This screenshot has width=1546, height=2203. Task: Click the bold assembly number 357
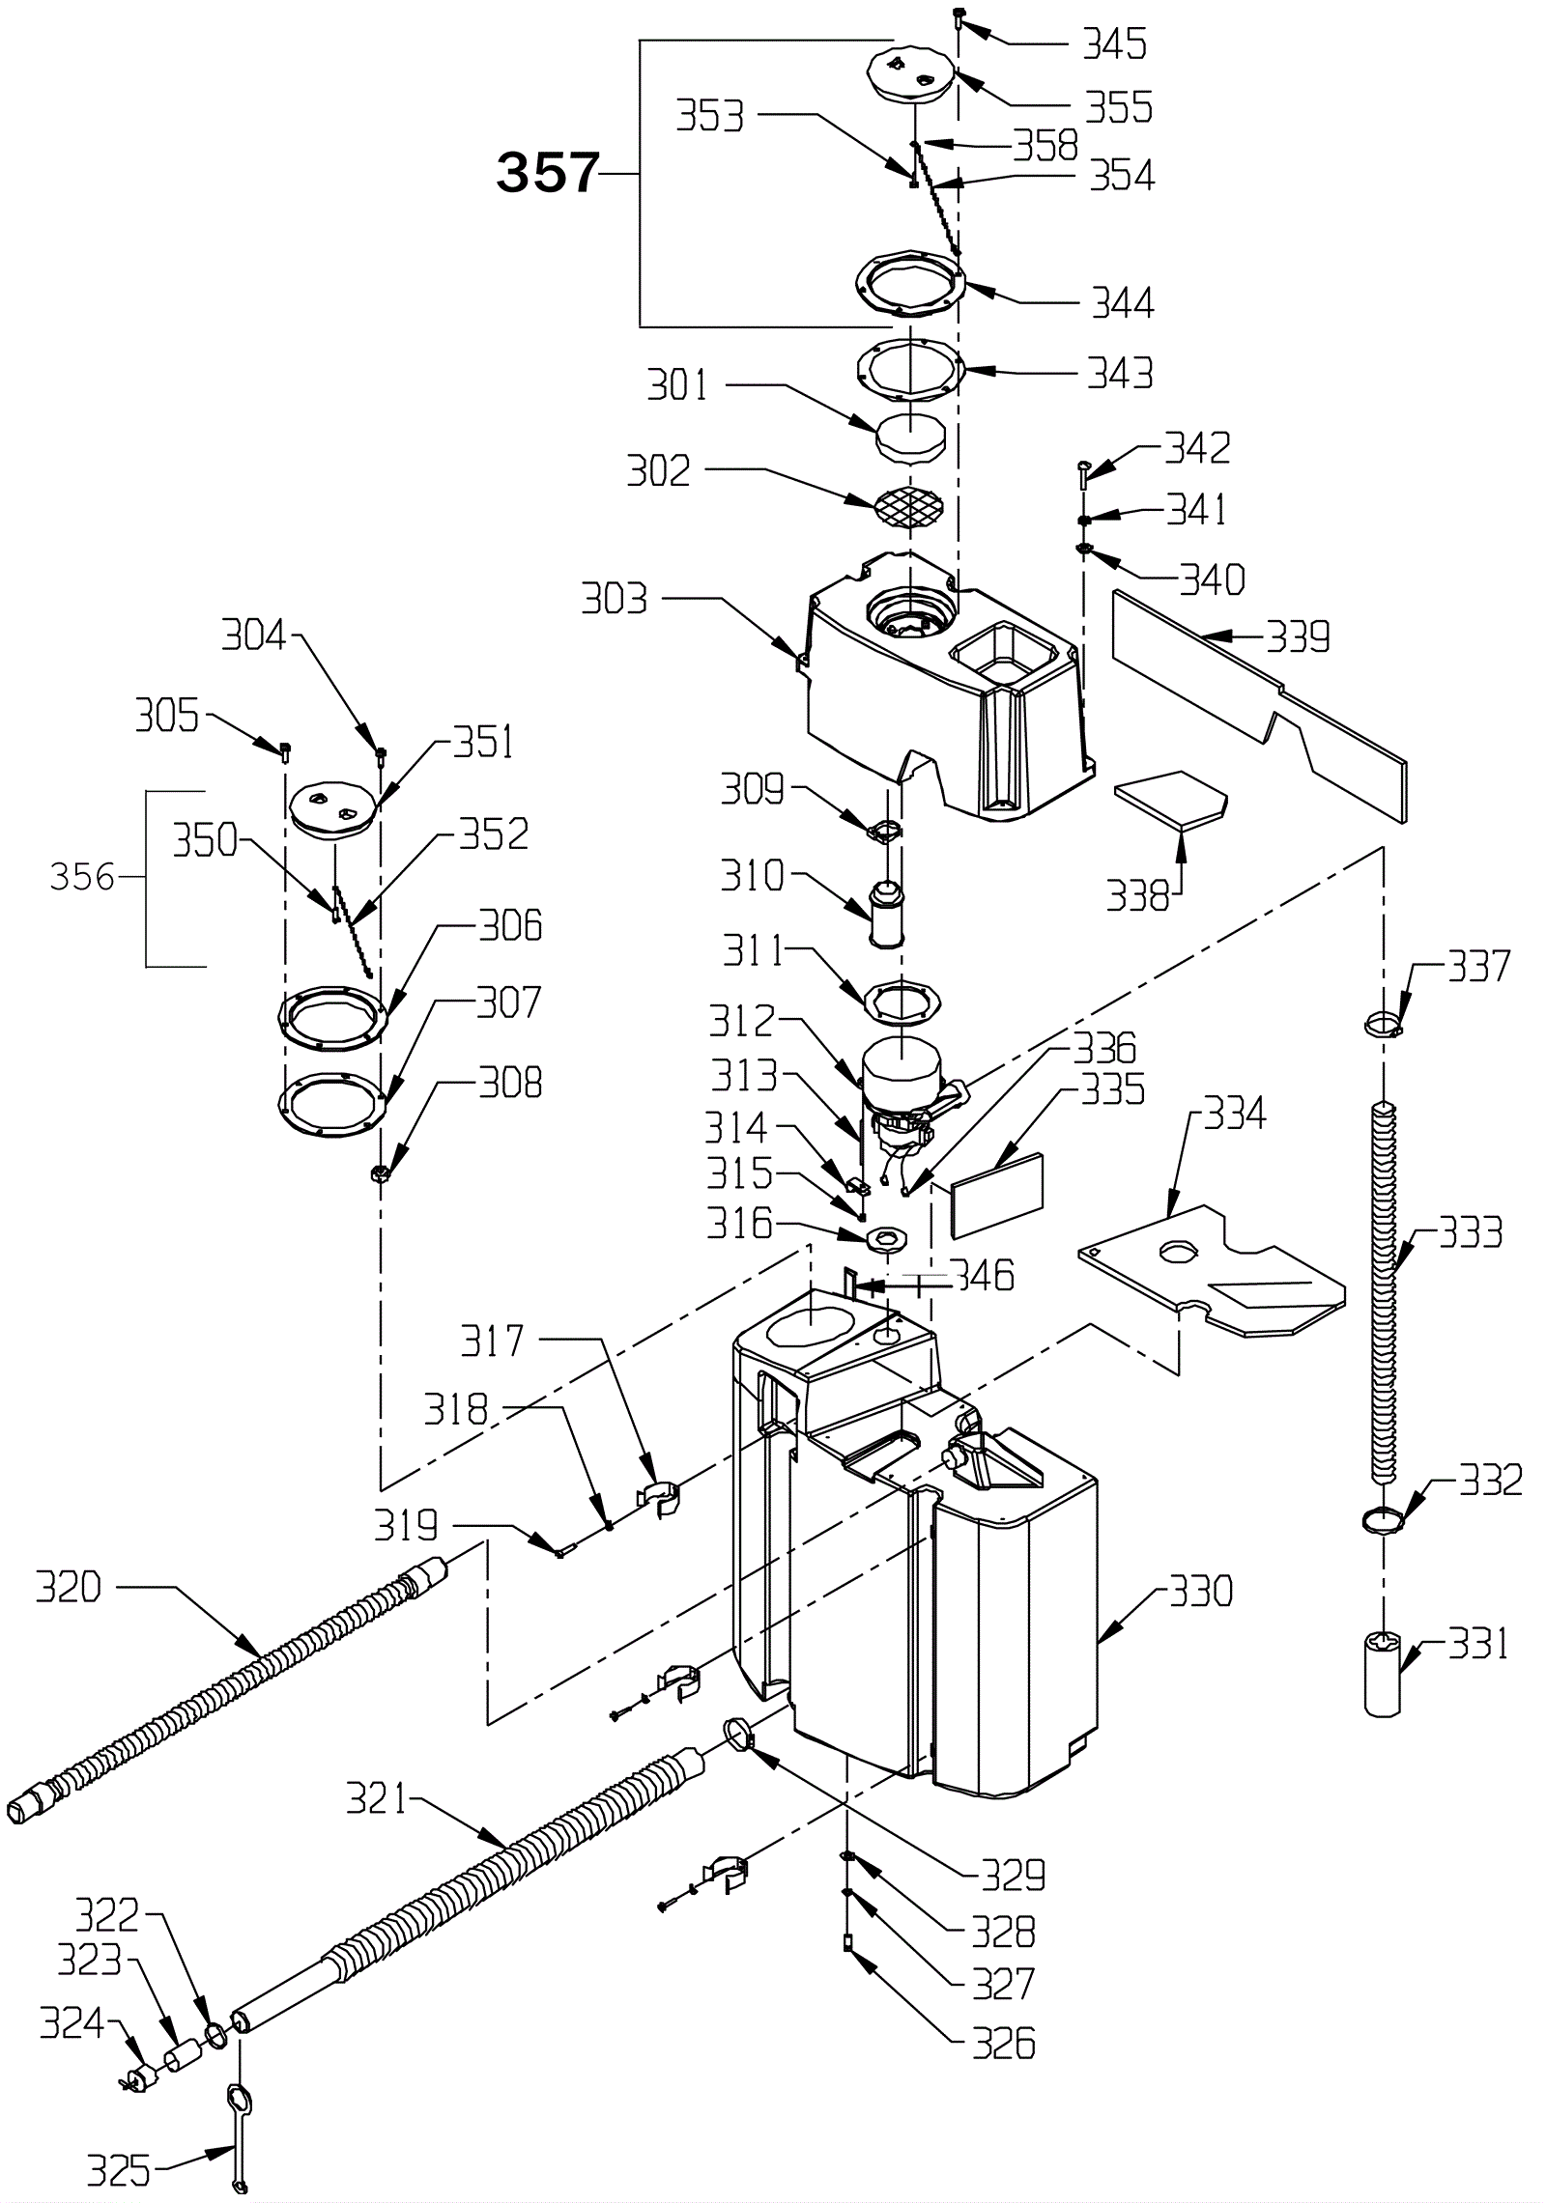click(548, 174)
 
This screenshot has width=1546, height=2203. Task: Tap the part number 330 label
click(1201, 1591)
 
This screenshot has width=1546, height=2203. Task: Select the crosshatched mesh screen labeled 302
click(907, 504)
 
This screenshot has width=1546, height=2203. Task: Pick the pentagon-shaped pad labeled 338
click(1170, 800)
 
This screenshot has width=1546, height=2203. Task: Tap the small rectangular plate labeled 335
click(998, 1195)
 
